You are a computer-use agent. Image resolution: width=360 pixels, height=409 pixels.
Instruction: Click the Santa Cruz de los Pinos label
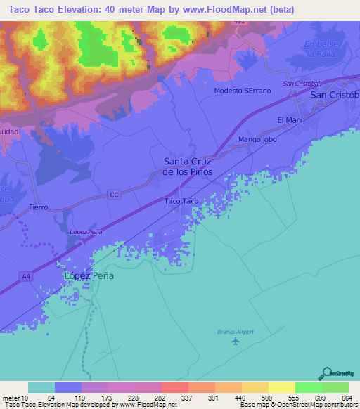[x=187, y=165]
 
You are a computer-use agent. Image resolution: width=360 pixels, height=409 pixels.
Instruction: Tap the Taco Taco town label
[x=181, y=201]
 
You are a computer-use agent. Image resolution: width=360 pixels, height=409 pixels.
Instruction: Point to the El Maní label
[x=289, y=120]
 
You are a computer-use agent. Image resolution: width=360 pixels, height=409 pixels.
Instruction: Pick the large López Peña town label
[x=89, y=276]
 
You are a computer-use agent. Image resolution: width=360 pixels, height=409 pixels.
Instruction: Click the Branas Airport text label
[x=234, y=332]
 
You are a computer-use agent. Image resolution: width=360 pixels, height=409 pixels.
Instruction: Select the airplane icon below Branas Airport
[x=235, y=342]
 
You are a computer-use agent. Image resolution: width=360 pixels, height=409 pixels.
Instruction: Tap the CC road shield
[x=115, y=195]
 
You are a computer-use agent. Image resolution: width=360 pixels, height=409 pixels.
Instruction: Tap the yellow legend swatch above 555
[x=281, y=387]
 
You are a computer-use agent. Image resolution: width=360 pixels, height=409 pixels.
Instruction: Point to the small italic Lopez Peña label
[x=83, y=231]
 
